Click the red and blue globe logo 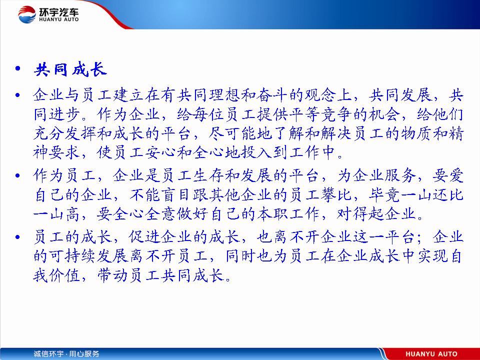[x=27, y=14]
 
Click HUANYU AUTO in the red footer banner [x=431, y=354]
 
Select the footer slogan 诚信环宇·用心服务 [x=66, y=354]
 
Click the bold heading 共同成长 [x=70, y=69]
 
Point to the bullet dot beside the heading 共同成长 [x=18, y=68]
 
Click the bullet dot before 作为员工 [x=18, y=175]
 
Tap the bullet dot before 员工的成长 [x=18, y=237]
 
